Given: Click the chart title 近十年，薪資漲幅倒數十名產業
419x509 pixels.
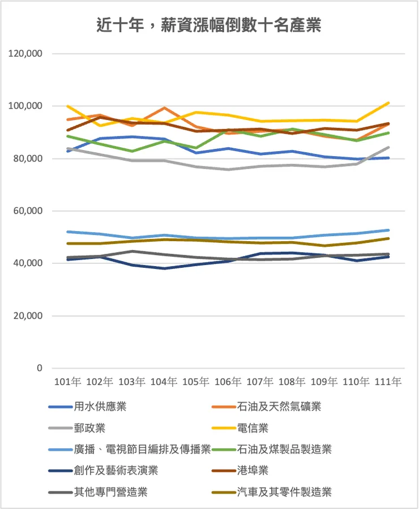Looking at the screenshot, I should tap(209, 25).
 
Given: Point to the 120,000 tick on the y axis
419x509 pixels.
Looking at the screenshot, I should tap(25, 54).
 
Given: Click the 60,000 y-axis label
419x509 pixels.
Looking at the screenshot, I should tap(27, 211).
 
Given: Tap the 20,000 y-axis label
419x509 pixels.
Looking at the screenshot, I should tap(27, 316).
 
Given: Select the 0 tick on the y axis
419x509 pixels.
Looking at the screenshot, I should tap(40, 368).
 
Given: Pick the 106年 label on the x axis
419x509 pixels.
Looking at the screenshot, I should tap(228, 382).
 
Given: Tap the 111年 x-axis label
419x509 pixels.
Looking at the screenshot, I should tap(389, 382).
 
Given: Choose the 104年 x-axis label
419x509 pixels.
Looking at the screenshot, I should tap(164, 382).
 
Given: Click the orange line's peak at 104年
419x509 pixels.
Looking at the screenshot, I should tap(164, 108).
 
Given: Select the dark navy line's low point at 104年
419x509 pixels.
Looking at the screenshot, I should tap(164, 268).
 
